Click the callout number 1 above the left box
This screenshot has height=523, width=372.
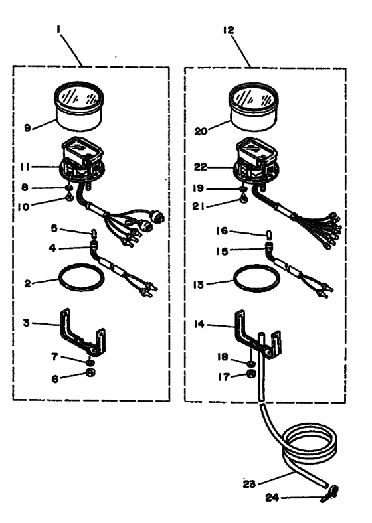58,30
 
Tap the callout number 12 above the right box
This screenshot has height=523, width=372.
229,30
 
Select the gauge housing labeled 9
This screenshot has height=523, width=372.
79,106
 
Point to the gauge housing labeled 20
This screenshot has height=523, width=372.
254,107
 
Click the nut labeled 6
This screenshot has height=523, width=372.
90,372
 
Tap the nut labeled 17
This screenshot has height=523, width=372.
252,374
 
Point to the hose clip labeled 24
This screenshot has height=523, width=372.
330,494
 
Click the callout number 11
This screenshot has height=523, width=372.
25,167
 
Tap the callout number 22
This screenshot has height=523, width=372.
201,167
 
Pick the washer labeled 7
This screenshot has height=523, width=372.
89,362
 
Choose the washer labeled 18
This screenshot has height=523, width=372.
252,363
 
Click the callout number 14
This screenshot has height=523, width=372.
199,324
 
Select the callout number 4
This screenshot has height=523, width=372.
52,248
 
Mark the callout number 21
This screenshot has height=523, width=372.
199,207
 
